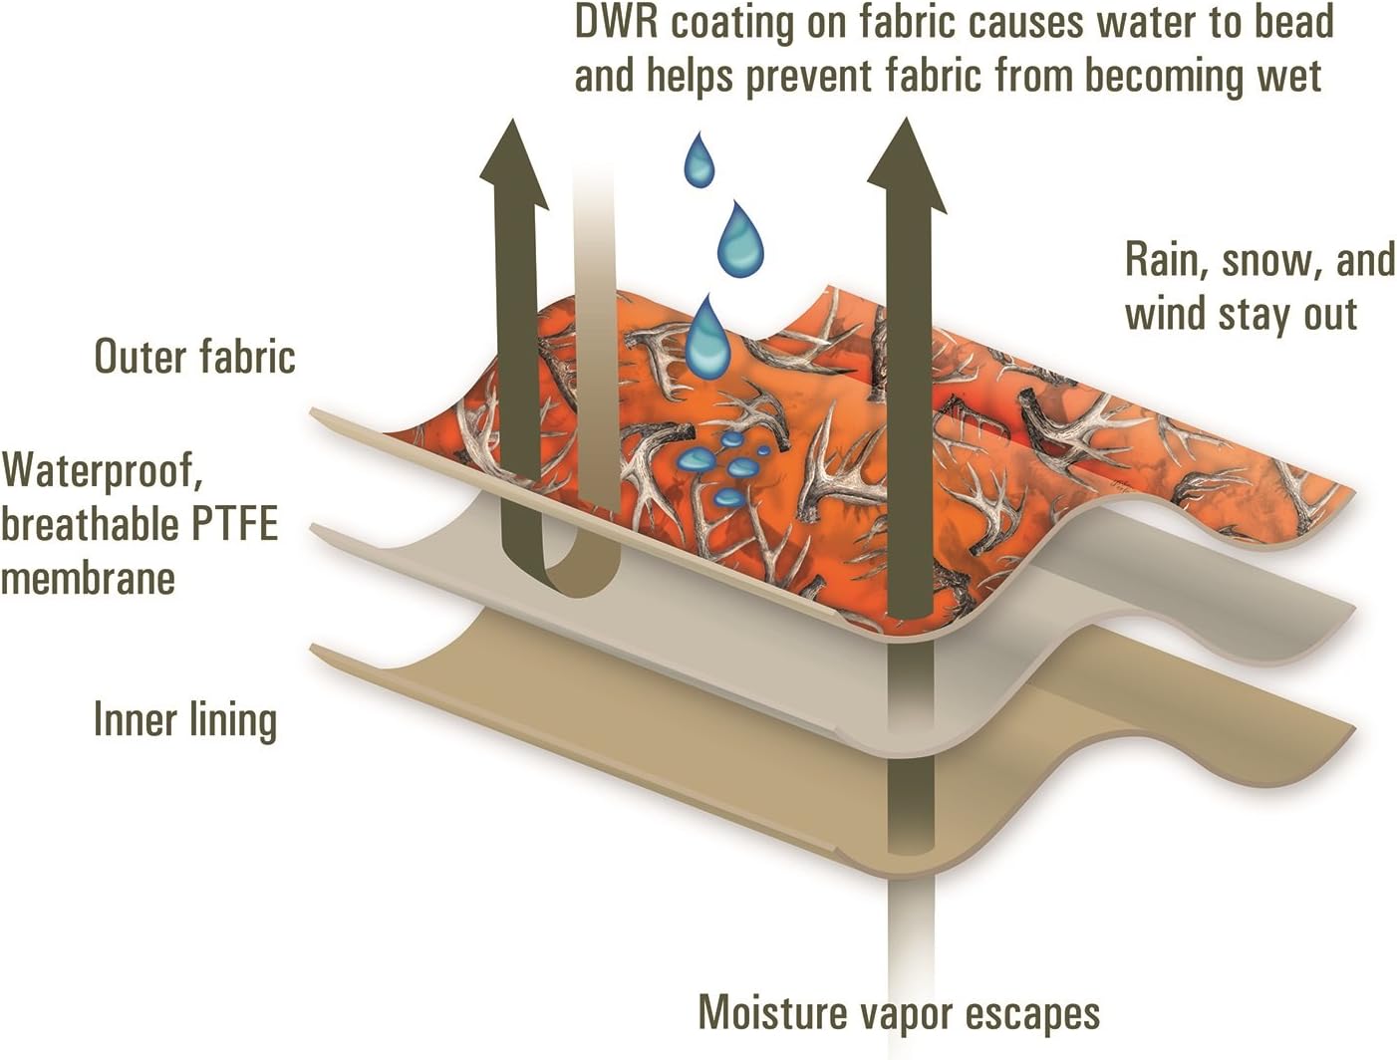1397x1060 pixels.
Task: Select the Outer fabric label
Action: pos(194,357)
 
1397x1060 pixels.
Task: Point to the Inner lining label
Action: pos(185,720)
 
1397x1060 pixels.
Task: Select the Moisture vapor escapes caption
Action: pos(899,1013)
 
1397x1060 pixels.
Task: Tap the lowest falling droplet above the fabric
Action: pos(706,334)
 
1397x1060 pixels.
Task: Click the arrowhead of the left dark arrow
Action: pos(514,164)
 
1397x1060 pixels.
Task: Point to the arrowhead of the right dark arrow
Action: pos(906,164)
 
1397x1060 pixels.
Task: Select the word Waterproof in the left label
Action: pos(102,470)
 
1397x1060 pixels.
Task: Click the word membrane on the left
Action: pos(88,578)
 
